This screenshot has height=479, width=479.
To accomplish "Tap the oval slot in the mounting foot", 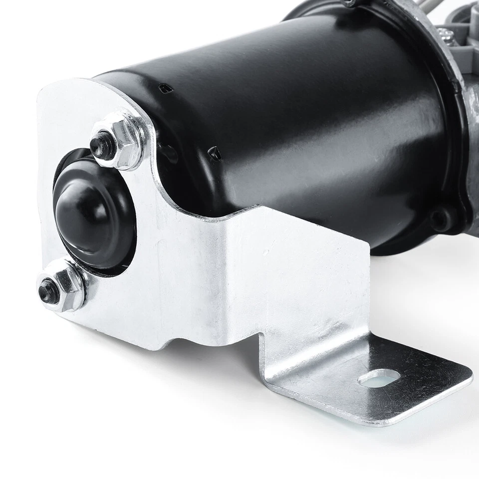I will [x=378, y=378].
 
